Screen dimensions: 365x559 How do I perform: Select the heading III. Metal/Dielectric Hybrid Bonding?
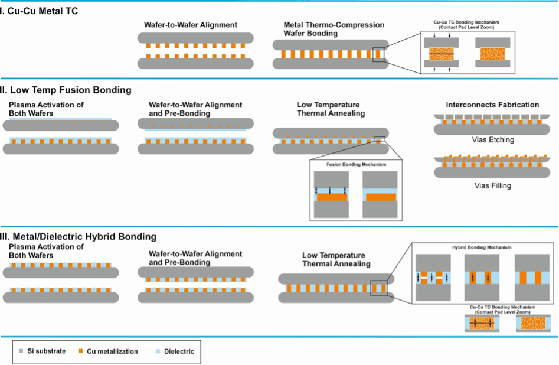click(x=79, y=236)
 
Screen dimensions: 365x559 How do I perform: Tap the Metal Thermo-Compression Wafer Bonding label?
click(x=334, y=29)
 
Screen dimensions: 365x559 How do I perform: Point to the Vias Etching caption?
click(x=493, y=140)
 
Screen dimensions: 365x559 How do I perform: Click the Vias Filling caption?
click(x=493, y=185)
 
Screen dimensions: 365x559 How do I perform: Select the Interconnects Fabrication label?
click(x=492, y=105)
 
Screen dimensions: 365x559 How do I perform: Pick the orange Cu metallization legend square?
click(x=80, y=351)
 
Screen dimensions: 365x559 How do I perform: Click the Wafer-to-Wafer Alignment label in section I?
click(x=191, y=25)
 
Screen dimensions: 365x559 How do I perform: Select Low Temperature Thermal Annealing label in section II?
click(x=331, y=109)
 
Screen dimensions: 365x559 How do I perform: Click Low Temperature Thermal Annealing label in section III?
click(x=336, y=259)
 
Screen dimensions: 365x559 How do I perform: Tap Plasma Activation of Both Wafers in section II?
click(x=46, y=109)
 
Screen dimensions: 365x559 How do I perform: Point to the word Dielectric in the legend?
click(x=180, y=351)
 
